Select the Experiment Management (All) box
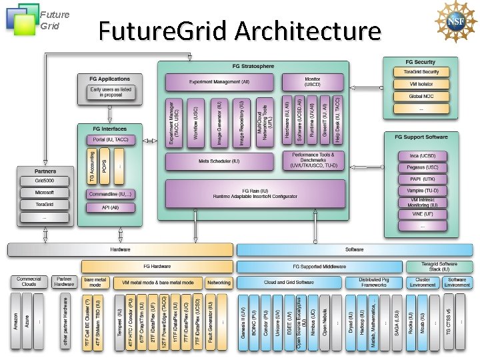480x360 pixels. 219,82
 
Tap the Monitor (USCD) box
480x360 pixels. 312,82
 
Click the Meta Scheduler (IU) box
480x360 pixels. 219,161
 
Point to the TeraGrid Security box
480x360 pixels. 421,72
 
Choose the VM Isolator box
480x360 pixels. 421,85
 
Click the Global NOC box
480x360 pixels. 421,97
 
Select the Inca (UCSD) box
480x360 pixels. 423,156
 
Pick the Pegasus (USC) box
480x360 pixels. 423,167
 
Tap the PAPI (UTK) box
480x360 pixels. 423,179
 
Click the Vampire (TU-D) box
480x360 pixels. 423,191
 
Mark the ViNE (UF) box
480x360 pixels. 423,214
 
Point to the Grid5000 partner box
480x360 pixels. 45,181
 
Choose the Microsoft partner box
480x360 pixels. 45,193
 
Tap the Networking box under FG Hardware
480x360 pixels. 219,283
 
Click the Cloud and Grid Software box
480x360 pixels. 289,283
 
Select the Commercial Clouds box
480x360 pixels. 29,282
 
